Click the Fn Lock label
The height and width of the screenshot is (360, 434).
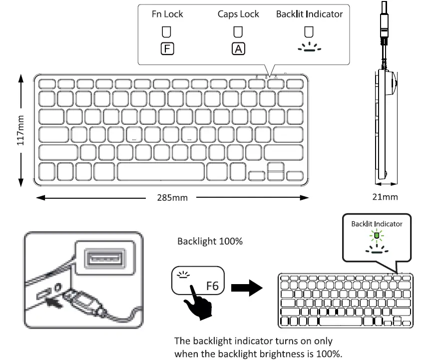tap(167, 14)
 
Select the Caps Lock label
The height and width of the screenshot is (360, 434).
tap(238, 14)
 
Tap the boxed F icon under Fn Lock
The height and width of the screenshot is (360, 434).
tap(167, 49)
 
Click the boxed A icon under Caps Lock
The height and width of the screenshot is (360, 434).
tap(238, 49)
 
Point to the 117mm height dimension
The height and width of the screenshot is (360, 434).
tap(20, 130)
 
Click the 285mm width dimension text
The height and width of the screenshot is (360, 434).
tap(173, 198)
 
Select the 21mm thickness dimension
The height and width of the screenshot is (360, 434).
tap(385, 197)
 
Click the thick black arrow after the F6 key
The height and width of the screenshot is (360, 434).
tap(248, 288)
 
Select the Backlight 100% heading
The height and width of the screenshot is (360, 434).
tap(210, 242)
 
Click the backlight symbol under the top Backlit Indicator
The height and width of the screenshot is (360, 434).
tap(310, 48)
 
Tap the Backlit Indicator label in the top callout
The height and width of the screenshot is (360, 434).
tap(309, 14)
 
